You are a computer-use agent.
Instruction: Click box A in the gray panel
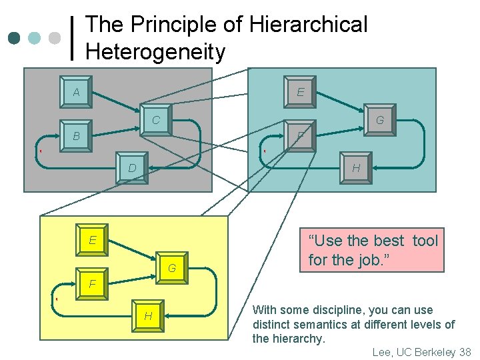point(77,93)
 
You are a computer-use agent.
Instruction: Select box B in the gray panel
point(76,136)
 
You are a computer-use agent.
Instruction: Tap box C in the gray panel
point(155,121)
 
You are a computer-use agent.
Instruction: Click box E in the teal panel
point(301,93)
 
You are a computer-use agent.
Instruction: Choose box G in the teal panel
point(379,121)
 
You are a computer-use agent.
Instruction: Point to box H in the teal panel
point(356,169)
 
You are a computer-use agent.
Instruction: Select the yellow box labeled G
point(171,269)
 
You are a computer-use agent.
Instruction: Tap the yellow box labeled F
point(93,284)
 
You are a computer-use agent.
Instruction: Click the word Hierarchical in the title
point(308,25)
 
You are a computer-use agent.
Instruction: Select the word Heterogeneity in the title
point(155,51)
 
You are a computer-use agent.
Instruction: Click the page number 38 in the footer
point(465,352)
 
